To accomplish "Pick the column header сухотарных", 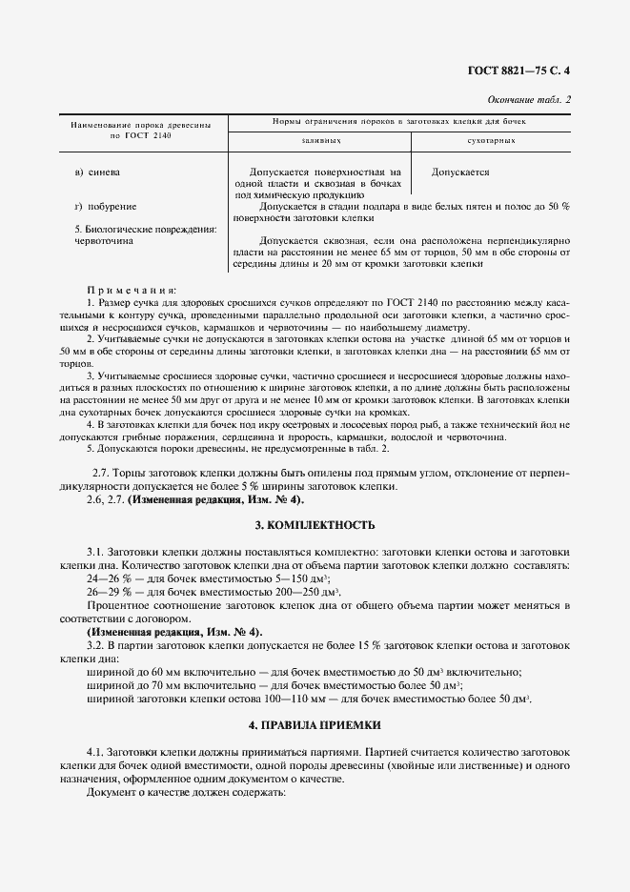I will coord(492,140).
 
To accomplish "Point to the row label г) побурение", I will coord(105,206).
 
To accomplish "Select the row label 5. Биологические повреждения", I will coord(145,230).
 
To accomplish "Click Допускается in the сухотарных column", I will coord(460,172).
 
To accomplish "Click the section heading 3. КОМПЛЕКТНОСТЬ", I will coord(315,525).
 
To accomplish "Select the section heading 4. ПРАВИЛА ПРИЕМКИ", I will coord(315,725).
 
